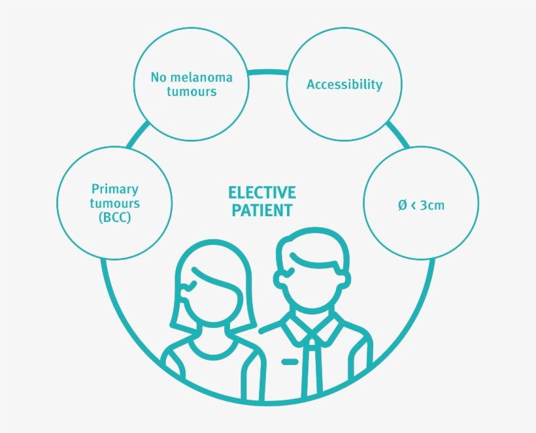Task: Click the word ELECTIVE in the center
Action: click(262, 193)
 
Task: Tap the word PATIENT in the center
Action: click(262, 210)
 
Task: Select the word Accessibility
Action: click(344, 84)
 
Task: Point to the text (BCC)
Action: click(115, 217)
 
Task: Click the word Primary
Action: click(115, 189)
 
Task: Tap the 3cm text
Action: click(432, 205)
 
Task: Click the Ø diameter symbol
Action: click(403, 205)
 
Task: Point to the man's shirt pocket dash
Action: click(290, 362)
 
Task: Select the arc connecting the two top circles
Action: click(267, 72)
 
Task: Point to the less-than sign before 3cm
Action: click(414, 205)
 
